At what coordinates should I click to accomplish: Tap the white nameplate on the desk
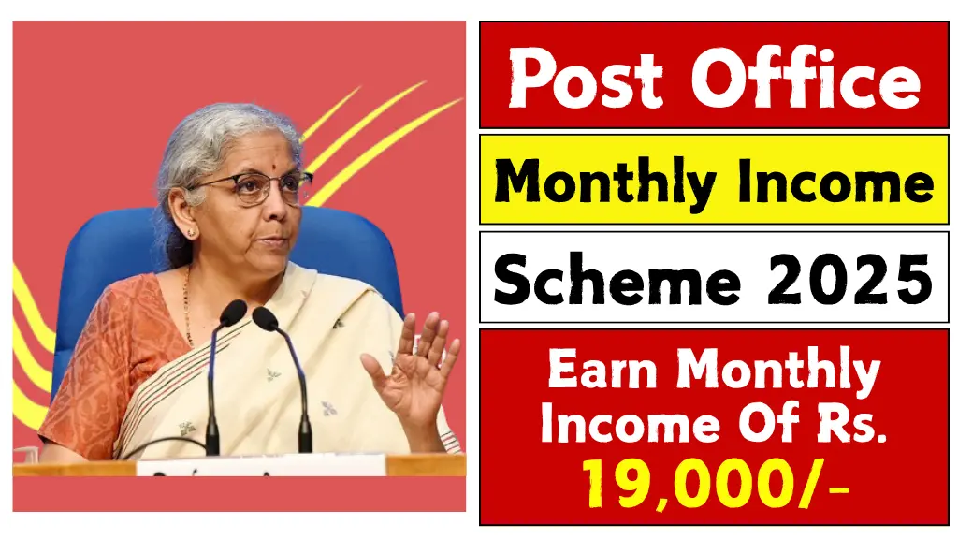(x=262, y=464)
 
